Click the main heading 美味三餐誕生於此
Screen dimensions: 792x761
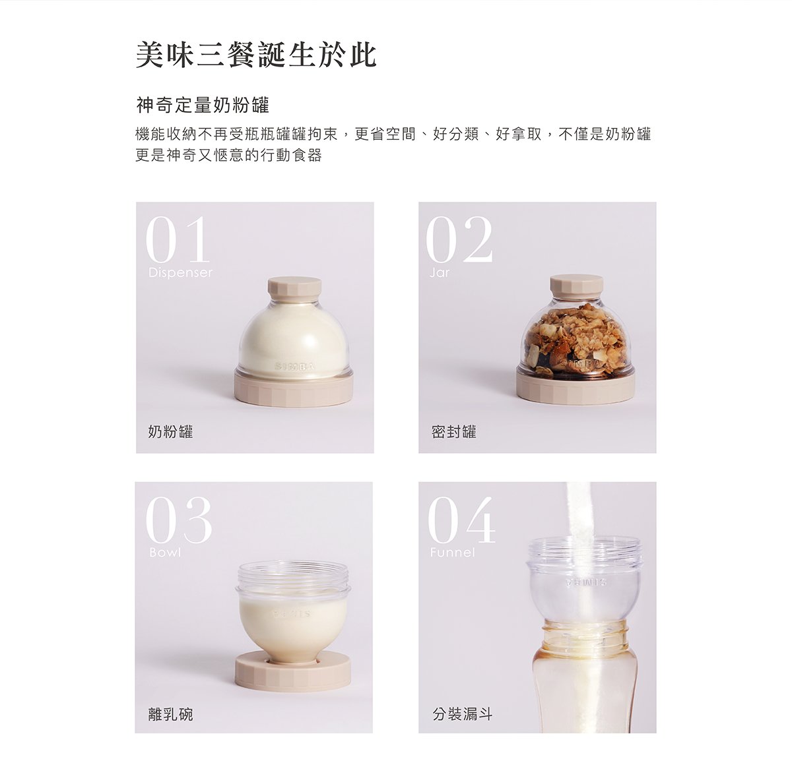point(256,55)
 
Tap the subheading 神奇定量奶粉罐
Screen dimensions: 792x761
point(203,106)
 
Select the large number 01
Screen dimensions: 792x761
point(177,239)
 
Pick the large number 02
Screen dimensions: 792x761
point(459,239)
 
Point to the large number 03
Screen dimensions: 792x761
point(179,520)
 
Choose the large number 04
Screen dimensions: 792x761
point(461,520)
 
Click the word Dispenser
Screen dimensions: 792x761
point(180,272)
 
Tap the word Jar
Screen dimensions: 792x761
point(440,272)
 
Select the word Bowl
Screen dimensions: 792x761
point(165,553)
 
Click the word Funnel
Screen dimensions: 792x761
point(453,553)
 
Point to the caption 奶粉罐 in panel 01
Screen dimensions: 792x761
point(170,431)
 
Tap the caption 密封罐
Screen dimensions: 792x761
point(454,431)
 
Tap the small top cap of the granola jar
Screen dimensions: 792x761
point(577,287)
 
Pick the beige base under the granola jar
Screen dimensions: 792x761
point(576,386)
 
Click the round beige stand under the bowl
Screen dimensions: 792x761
point(293,673)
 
